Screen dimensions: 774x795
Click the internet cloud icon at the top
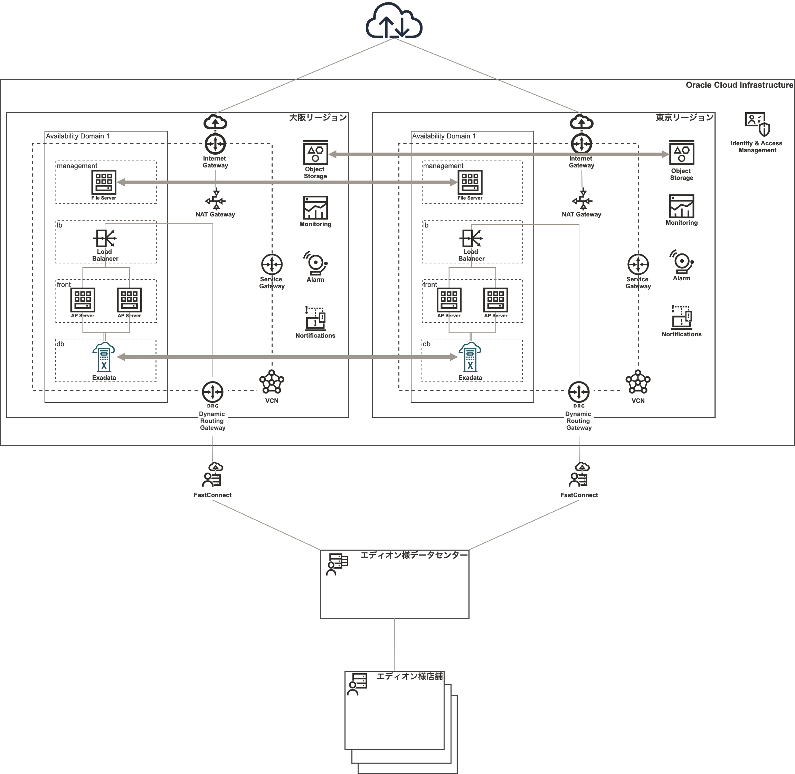point(394,21)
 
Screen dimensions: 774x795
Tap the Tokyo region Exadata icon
point(470,357)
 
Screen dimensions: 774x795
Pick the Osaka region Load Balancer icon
point(105,238)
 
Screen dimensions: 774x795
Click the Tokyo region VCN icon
point(638,382)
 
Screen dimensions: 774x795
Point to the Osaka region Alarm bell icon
point(315,262)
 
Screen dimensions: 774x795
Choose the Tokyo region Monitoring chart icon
point(681,206)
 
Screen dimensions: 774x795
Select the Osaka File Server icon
point(104,182)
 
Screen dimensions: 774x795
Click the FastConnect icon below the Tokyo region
point(579,474)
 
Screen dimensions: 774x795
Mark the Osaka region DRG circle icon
point(212,392)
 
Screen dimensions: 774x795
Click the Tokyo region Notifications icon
point(681,317)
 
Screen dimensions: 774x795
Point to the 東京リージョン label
point(684,117)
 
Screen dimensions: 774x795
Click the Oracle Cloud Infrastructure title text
point(739,85)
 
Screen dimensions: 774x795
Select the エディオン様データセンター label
point(414,555)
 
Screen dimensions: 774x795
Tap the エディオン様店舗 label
point(409,676)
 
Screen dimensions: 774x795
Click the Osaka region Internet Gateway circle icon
point(215,144)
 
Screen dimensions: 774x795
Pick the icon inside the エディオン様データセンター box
point(337,564)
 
